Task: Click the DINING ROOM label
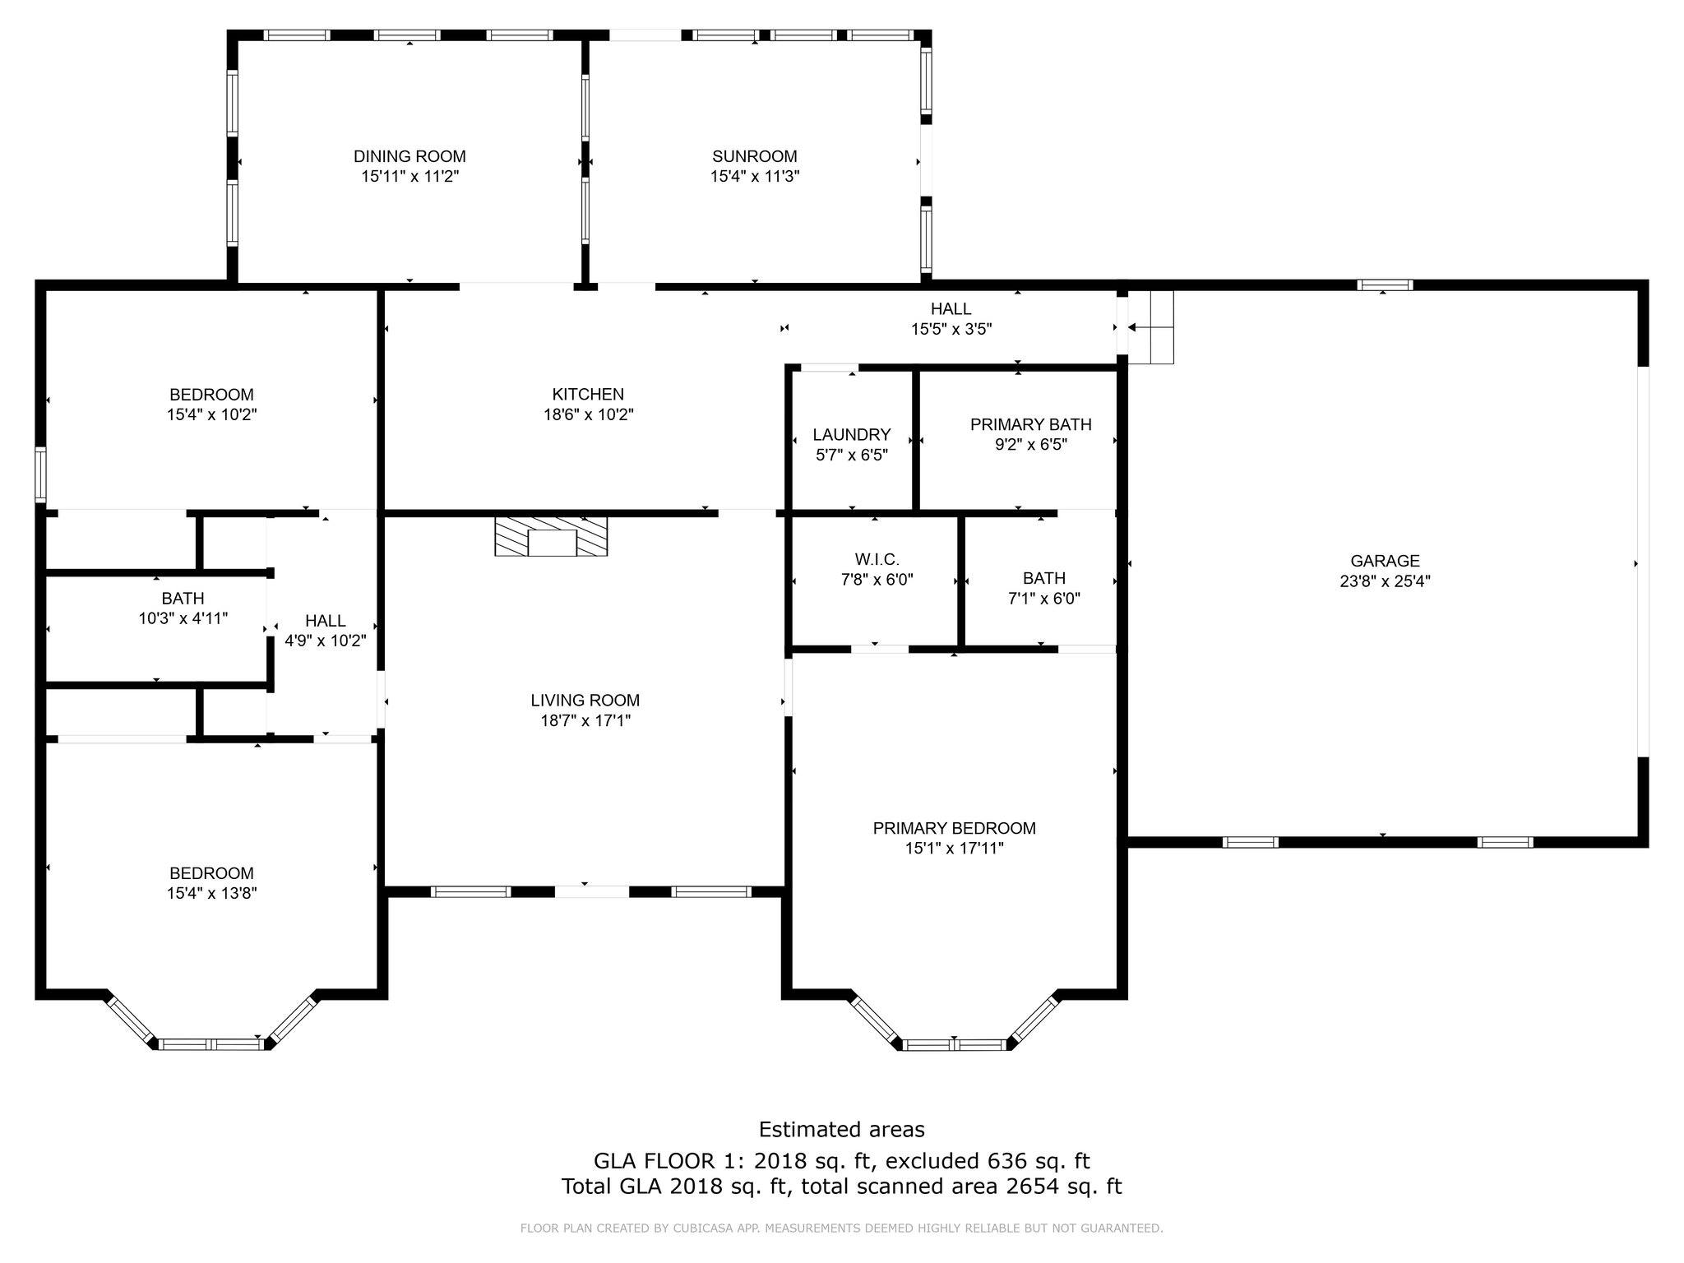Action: [409, 156]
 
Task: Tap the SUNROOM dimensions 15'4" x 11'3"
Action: [755, 176]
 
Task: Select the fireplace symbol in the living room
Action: [551, 536]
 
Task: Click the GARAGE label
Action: [1385, 561]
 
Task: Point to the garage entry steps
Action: [1150, 327]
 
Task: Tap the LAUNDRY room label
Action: [852, 434]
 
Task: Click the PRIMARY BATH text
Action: [1031, 424]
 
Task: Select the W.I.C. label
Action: [877, 559]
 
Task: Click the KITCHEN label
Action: [588, 395]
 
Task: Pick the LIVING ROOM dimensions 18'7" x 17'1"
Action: [585, 720]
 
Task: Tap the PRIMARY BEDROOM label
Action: [954, 828]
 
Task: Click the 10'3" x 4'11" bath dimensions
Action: [183, 618]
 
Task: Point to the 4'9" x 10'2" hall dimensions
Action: [326, 640]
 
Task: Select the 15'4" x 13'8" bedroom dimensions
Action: [212, 893]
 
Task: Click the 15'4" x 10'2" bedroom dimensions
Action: [212, 414]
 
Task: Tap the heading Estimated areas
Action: [842, 1130]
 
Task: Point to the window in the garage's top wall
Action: [1385, 285]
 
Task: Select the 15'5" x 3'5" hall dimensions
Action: [951, 329]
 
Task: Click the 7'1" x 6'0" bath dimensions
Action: [1044, 599]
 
